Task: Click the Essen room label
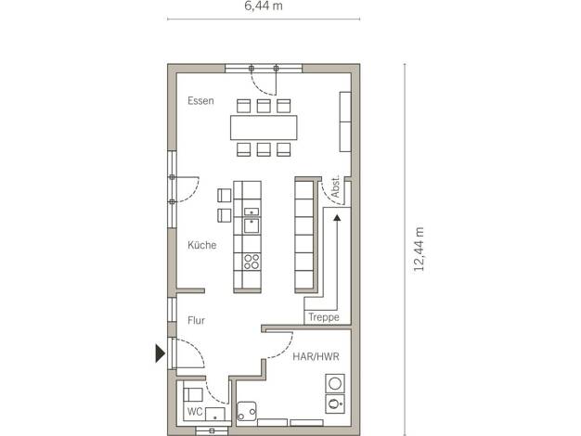coord(200,101)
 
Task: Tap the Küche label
coord(202,245)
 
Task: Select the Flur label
coord(196,320)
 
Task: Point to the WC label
coord(195,412)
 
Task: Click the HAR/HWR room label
coord(316,356)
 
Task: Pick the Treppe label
coord(324,317)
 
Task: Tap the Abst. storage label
coord(335,186)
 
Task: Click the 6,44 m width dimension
coord(263,6)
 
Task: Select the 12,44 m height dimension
coord(419,250)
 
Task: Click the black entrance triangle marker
coord(160,353)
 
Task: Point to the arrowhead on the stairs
coord(337,218)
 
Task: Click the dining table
coord(264,127)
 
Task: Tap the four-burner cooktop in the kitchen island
coord(252,262)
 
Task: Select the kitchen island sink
coord(252,225)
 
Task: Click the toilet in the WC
coord(193,394)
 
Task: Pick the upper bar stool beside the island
coord(225,195)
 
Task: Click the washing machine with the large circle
coord(335,383)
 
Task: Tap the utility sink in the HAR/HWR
coord(247,411)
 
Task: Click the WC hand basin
coord(215,414)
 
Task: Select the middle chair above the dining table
coord(264,106)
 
